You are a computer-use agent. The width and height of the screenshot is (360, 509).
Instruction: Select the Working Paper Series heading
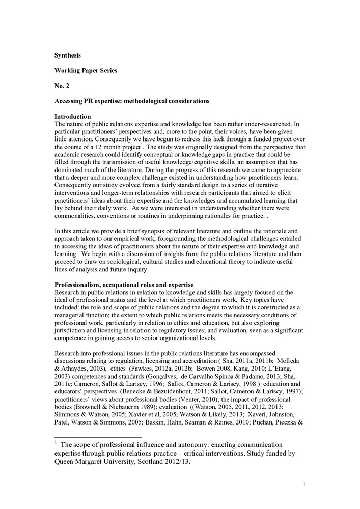point(86,70)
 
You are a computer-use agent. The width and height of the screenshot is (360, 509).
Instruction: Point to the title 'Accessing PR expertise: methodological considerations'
point(132,101)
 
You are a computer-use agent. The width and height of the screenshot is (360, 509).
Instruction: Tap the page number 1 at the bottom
point(304,484)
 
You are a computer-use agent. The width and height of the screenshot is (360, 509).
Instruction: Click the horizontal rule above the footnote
point(98,437)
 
